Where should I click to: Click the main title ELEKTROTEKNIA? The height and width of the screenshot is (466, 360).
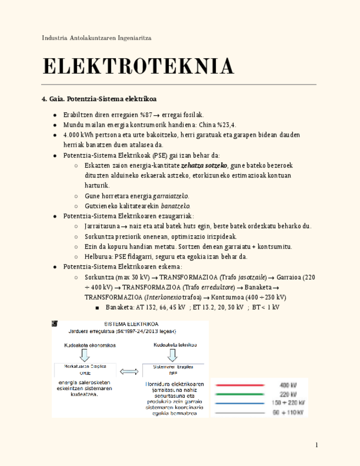click(x=139, y=66)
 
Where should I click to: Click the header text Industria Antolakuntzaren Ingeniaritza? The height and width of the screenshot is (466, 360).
click(x=97, y=38)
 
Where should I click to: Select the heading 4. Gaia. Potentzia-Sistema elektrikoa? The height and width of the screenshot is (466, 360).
click(x=99, y=99)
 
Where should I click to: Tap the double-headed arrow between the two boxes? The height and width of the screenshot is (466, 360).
click(x=129, y=372)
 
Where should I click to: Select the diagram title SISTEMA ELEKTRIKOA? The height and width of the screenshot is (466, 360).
click(x=130, y=324)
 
